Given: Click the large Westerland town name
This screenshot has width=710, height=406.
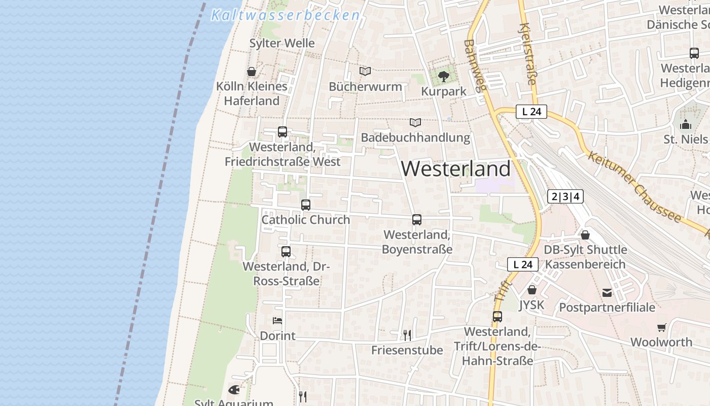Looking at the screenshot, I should [x=456, y=168].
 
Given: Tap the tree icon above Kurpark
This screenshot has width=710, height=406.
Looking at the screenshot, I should [x=444, y=77].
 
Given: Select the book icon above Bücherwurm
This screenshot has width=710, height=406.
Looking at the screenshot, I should [x=365, y=72].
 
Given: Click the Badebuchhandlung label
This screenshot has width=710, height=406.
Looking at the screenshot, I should [x=415, y=138].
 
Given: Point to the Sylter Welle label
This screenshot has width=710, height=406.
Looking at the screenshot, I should [x=282, y=43].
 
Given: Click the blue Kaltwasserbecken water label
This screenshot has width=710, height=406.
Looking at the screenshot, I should [x=285, y=15].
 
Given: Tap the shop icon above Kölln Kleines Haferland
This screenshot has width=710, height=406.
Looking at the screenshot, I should [x=251, y=72].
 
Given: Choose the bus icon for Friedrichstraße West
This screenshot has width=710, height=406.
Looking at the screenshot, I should [x=282, y=132].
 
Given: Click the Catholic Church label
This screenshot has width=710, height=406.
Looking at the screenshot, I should [x=305, y=220].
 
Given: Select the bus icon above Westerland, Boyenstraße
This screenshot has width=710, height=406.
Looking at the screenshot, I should [x=417, y=220].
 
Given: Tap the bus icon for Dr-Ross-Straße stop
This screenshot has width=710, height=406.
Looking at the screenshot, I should [x=286, y=251].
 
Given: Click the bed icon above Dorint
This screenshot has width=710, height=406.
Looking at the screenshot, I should [x=277, y=320].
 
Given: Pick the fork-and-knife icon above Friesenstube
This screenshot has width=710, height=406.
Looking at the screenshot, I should [x=407, y=335].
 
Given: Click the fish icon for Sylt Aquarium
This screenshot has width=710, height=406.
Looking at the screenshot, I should [x=234, y=390].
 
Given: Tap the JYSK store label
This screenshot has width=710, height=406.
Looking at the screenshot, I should [x=531, y=305].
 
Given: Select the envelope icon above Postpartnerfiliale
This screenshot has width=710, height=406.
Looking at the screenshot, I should [x=607, y=292].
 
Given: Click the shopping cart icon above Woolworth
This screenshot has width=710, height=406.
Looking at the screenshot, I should [x=661, y=327].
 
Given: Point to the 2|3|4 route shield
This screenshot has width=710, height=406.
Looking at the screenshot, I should [x=565, y=196].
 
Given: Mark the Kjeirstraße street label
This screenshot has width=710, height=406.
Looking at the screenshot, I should [x=528, y=53].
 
